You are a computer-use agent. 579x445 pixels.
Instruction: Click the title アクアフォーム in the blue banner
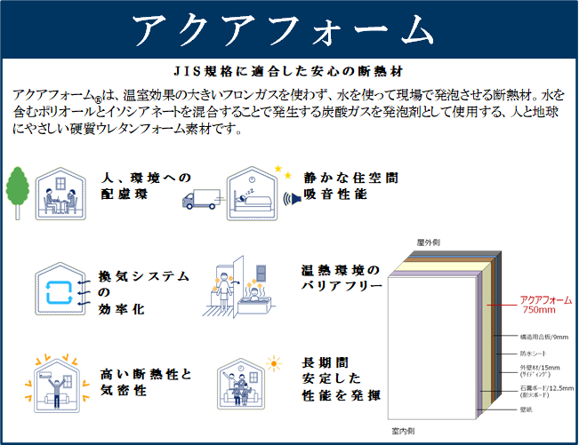(x=289, y=30)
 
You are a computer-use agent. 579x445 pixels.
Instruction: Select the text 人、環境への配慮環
(x=147, y=186)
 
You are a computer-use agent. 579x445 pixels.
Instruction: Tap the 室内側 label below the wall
(x=405, y=430)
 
